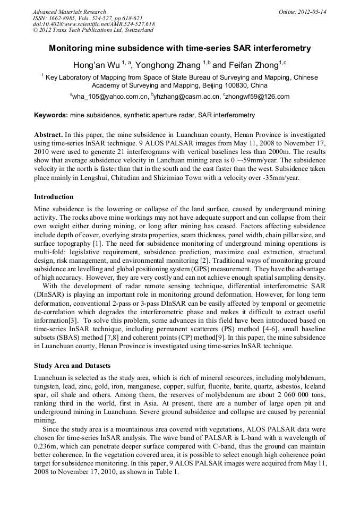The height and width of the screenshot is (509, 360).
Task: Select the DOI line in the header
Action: (x=93, y=24)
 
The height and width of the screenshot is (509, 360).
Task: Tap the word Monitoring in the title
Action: (x=73, y=48)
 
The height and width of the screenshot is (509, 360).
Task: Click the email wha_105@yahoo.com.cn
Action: (x=110, y=97)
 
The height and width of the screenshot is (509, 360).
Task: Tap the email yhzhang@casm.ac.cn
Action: (x=186, y=97)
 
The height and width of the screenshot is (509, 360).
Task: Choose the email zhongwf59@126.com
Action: (x=257, y=97)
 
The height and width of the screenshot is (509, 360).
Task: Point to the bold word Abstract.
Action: (x=48, y=135)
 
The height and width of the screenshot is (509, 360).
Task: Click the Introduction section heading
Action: (x=54, y=197)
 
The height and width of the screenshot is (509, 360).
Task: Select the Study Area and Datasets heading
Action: (x=72, y=366)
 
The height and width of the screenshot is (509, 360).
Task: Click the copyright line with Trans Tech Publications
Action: (x=93, y=31)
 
